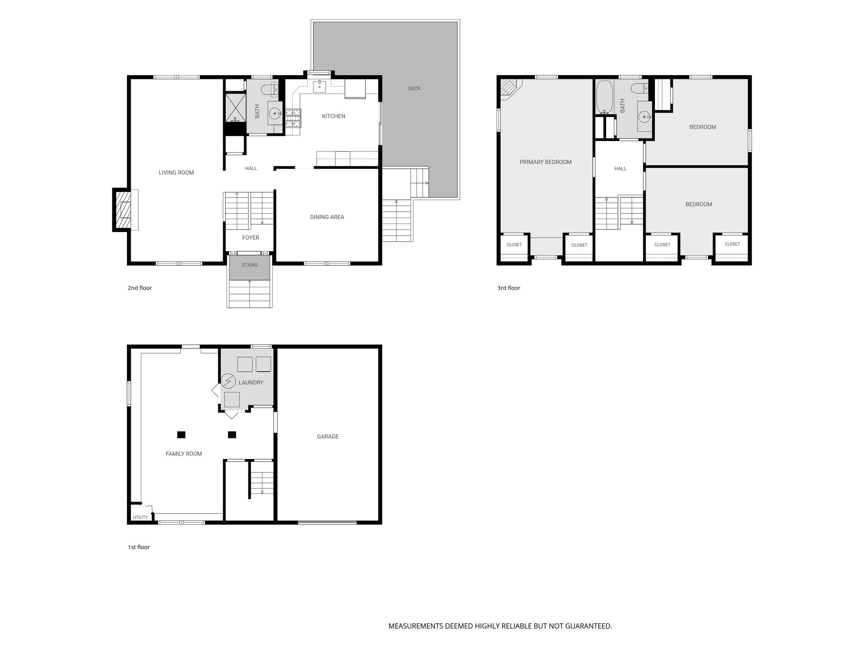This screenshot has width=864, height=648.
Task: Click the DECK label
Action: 414,88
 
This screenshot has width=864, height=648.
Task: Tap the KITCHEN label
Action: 334,116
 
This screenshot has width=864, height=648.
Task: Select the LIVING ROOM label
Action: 176,173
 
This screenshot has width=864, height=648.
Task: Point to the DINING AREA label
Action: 327,217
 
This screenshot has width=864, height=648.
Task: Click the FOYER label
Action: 251,238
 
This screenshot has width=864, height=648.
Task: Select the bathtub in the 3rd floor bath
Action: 605,97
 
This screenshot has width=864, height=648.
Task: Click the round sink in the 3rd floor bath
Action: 644,116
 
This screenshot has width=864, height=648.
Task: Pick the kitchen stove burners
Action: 294,118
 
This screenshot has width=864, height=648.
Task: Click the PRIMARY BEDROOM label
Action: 545,162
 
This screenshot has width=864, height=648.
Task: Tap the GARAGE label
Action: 328,437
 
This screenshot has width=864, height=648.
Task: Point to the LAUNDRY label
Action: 251,383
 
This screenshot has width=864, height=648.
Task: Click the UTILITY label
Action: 140,517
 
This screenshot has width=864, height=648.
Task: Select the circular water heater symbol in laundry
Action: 228,381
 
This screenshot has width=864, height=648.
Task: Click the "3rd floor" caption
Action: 509,288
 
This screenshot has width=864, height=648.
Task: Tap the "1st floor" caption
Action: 139,547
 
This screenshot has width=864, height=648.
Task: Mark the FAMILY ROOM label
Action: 184,454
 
